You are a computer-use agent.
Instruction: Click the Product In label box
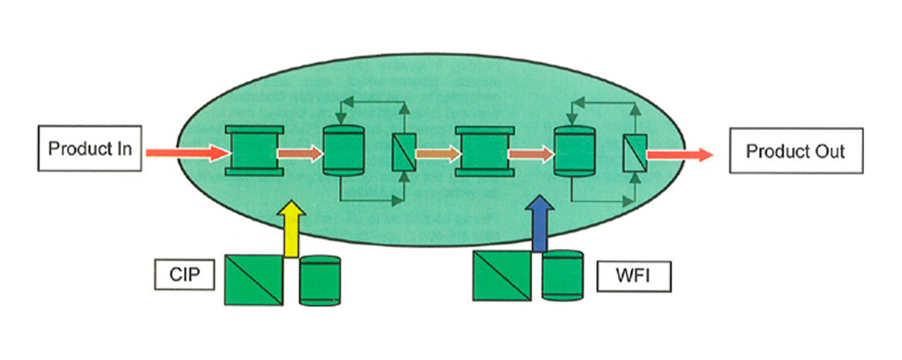[90, 149]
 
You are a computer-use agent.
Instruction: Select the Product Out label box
[795, 151]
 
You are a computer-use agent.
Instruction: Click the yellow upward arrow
[291, 229]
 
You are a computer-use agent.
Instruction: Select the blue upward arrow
[539, 225]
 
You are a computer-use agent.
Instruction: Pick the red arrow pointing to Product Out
[680, 153]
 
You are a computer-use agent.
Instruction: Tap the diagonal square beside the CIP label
[253, 279]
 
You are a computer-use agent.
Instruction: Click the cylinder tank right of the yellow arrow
[320, 280]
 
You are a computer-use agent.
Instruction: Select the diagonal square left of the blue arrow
[502, 276]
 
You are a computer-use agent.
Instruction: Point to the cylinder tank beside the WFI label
[562, 276]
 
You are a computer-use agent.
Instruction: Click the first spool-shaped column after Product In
[254, 151]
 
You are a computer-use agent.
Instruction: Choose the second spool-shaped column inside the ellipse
[485, 151]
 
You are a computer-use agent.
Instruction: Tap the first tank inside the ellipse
[343, 151]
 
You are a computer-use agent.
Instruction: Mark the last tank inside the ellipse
[574, 153]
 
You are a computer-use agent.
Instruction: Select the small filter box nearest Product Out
[634, 153]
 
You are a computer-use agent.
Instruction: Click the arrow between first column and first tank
[300, 153]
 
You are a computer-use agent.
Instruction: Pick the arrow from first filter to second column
[437, 153]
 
